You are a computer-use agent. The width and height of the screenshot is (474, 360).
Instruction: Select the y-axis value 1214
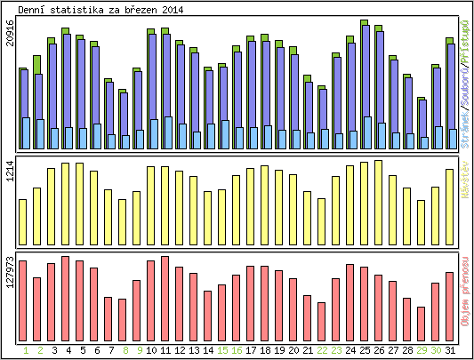[10, 170]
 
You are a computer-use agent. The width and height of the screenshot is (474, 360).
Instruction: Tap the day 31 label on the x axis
[451, 350]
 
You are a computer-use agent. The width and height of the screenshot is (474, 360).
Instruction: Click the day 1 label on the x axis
[23, 350]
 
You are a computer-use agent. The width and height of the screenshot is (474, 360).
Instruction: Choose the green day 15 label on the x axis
[222, 350]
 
